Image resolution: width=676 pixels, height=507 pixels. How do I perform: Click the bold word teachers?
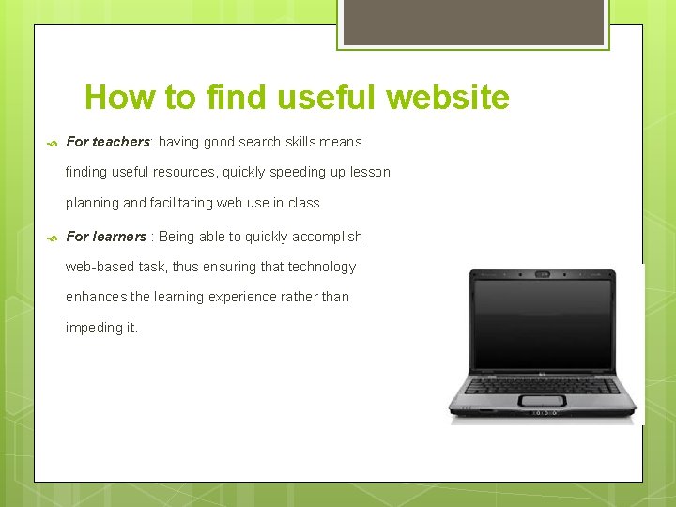coord(121,142)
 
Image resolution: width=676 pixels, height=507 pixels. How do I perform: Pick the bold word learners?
coord(119,237)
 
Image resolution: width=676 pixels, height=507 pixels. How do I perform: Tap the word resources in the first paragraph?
coord(182,172)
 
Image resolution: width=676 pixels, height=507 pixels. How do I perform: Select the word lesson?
coord(369,172)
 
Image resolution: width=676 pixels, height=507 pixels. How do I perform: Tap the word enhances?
coord(96,297)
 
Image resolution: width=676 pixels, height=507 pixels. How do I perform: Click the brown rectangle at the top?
coord(472,22)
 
